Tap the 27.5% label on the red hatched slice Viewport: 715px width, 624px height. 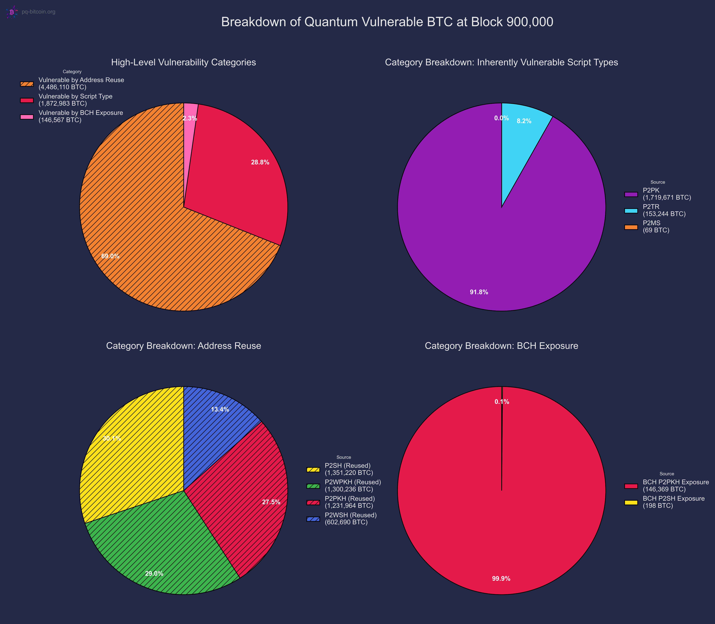[271, 502]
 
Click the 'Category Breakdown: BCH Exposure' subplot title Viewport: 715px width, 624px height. [501, 346]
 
